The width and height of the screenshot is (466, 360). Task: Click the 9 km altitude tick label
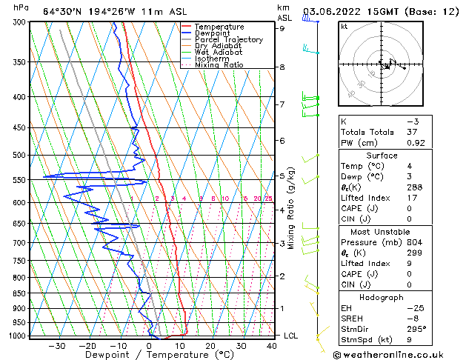(282, 29)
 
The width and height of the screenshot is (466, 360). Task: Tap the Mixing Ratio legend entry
(222, 65)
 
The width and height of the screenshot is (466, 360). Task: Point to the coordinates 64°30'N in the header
(64, 11)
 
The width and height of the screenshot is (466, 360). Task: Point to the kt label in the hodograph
(344, 27)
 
